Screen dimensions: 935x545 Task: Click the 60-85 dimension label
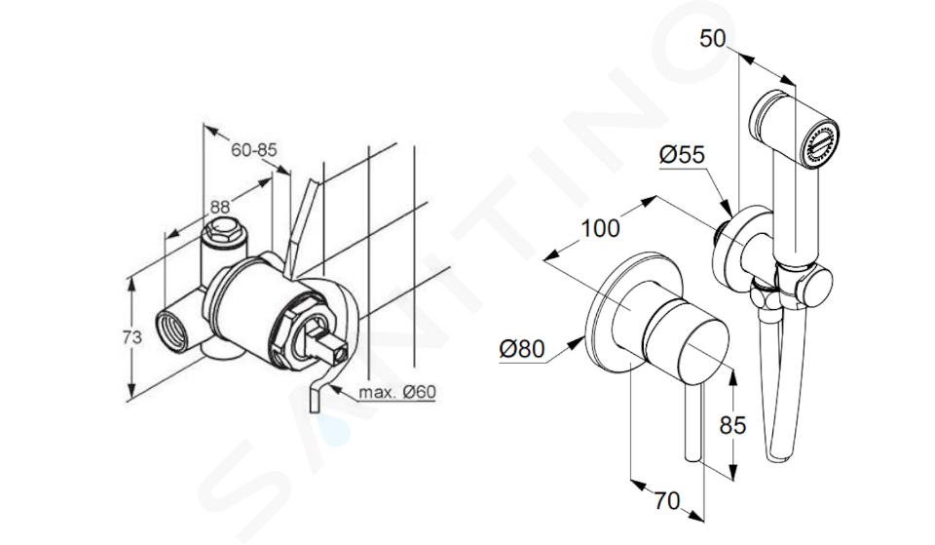[x=254, y=150]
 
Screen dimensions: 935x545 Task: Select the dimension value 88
[x=219, y=207]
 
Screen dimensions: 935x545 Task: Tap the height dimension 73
[x=131, y=337]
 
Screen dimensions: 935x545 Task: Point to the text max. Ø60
[x=397, y=392]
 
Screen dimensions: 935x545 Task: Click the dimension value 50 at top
[x=712, y=38]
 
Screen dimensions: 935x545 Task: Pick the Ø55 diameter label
[x=682, y=155]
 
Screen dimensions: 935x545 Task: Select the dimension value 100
[x=601, y=228]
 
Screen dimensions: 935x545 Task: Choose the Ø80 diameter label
[x=522, y=349]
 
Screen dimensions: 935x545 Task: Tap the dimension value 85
[x=732, y=425]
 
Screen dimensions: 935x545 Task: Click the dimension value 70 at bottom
[x=666, y=501]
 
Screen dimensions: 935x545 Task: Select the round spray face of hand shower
[x=820, y=145]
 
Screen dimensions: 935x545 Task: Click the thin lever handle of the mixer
[x=694, y=421]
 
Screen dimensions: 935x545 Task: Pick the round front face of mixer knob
[x=703, y=355]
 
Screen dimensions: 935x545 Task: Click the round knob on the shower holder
[x=812, y=286]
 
